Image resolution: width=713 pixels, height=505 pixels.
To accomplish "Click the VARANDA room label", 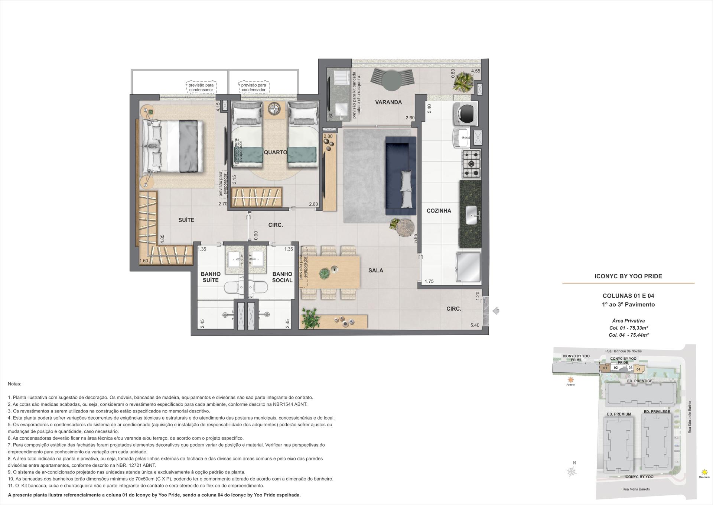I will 388,102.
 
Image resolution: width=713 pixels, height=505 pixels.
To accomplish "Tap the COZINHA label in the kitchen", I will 439,211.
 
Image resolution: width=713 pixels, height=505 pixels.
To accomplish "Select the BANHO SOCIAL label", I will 282,277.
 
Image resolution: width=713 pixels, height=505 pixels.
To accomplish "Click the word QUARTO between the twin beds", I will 275,152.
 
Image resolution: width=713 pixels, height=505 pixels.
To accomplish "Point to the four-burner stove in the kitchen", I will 471,164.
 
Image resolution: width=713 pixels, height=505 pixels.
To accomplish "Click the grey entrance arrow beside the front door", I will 496,311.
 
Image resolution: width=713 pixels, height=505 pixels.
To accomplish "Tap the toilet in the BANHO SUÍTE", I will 233,287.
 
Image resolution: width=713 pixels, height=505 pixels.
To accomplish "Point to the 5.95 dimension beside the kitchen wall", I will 416,238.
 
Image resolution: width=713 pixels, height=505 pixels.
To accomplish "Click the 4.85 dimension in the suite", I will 162,239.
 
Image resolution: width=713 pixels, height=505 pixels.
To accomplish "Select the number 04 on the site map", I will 638,369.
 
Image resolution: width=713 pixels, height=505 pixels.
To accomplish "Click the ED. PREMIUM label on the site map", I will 619,414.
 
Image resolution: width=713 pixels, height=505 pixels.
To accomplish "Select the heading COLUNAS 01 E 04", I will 628,296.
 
